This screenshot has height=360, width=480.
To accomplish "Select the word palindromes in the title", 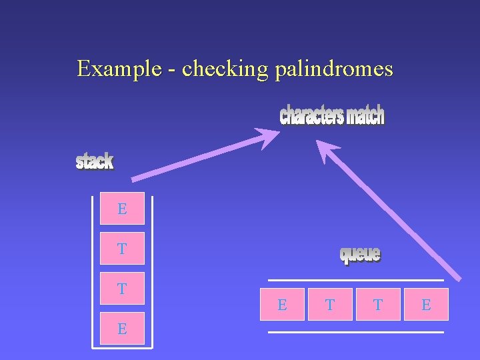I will coord(333,69).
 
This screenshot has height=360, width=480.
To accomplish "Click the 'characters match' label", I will coord(332,115).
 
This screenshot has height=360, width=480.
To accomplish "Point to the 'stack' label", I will coord(95,161).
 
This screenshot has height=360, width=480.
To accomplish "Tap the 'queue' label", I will coord(360,254).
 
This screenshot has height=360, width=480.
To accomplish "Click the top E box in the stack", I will coord(122,209).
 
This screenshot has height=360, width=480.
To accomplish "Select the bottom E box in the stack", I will coord(122,328).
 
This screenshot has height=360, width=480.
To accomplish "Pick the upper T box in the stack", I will coord(122,249).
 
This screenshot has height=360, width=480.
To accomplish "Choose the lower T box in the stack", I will coord(122,289).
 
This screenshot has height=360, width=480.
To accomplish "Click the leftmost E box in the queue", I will coord(282,305).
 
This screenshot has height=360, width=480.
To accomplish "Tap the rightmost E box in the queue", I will coord(426,305).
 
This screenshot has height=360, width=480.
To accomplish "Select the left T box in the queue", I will coord(330,305).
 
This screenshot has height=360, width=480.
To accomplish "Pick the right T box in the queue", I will coord(378,305).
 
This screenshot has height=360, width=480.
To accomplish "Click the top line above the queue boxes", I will coord(355,280).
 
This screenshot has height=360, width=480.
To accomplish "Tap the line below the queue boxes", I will coord(355,331).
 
